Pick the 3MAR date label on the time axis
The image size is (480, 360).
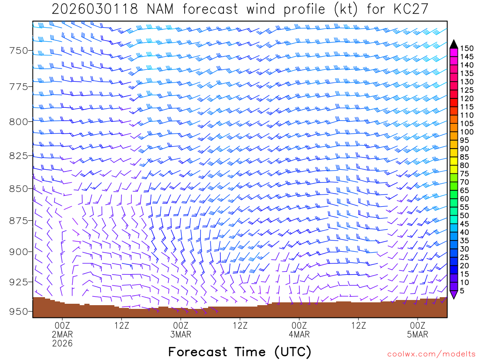[x=180, y=334]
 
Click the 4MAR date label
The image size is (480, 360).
[x=299, y=334]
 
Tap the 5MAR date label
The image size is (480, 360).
[x=418, y=334]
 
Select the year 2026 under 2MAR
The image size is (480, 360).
[x=62, y=344]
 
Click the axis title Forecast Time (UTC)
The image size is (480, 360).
[x=240, y=352]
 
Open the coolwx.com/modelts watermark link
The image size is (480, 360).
[x=431, y=353]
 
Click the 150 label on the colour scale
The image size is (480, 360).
[x=466, y=48]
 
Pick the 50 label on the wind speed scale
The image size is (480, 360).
[x=465, y=216]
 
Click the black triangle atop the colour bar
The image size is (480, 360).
[x=453, y=44]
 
